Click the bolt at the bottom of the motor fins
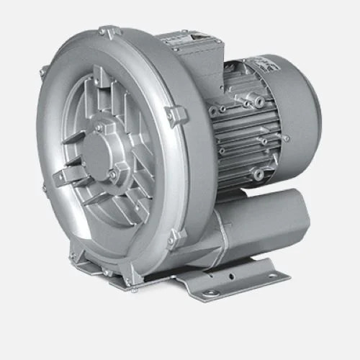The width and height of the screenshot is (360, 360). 258,174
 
